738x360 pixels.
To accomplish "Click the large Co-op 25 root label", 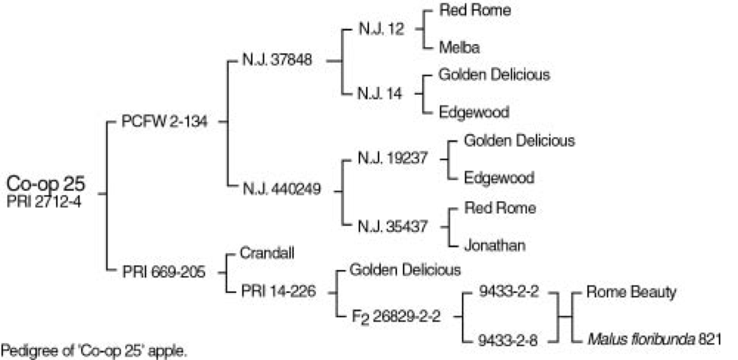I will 46,183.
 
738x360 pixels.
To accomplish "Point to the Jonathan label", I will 493,245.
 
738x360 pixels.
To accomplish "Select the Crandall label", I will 268,253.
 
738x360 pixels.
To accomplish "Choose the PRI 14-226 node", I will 278,292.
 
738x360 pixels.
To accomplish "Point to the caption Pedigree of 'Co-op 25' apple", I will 94,351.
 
